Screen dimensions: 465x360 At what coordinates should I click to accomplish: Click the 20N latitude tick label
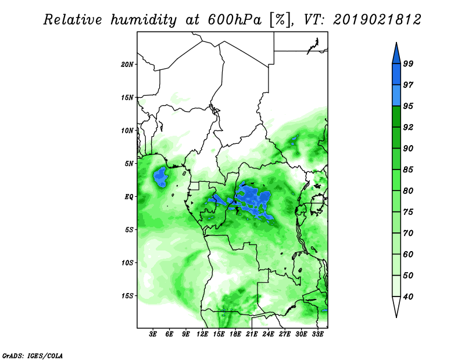pos(127,65)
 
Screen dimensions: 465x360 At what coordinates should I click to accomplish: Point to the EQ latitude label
pos(129,197)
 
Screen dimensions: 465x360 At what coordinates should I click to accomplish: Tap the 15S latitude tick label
pos(127,296)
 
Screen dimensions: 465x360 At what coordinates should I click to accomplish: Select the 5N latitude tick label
pos(129,164)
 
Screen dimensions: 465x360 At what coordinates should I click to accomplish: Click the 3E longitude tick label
pos(153,334)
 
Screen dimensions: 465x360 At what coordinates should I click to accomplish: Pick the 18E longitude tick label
pos(235,334)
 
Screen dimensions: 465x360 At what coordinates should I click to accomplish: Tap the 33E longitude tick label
pos(317,334)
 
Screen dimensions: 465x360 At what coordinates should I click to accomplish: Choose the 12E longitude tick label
pos(202,334)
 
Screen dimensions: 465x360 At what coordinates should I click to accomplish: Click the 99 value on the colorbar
pos(408,63)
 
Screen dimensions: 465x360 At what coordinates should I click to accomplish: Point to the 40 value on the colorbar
pos(408,297)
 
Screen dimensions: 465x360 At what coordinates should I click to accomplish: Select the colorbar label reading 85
pos(408,170)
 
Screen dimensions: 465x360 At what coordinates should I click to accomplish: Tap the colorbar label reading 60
pos(408,254)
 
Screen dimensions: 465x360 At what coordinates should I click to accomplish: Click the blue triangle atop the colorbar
pos(396,55)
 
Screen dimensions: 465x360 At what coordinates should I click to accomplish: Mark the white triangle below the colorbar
pos(396,305)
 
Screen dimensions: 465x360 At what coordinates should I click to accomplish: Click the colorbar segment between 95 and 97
pos(396,96)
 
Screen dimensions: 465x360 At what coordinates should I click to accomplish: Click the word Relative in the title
pos(73,20)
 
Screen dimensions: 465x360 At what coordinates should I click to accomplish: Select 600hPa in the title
pos(235,20)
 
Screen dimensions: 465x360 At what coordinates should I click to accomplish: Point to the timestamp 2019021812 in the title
pos(377,20)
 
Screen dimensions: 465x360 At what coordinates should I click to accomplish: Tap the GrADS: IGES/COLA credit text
pos(33,355)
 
